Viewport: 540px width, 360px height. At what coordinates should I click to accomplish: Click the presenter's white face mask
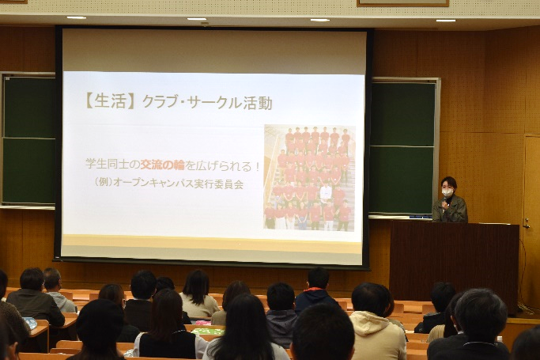point(447,192)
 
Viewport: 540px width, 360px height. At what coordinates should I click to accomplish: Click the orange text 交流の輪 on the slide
point(163,165)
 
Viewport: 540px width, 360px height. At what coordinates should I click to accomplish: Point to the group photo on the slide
point(310,178)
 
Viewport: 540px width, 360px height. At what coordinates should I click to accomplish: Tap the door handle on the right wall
point(526,224)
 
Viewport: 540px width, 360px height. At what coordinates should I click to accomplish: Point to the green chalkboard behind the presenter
point(402,148)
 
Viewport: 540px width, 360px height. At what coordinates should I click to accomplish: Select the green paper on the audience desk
point(208,332)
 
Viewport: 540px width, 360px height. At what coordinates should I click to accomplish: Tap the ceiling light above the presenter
point(446,21)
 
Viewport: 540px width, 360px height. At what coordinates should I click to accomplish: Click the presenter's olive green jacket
point(450,210)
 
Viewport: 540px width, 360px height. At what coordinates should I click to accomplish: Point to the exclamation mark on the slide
point(257,165)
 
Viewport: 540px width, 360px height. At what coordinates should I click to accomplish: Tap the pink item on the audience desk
point(203,323)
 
